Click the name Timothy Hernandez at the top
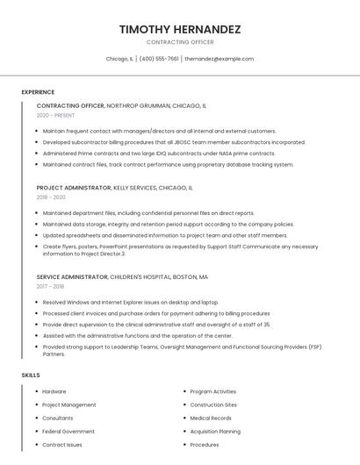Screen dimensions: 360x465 coord(180,29)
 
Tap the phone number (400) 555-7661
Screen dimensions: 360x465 coord(159,59)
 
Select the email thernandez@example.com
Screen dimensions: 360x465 coord(219,59)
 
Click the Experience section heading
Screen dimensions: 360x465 coord(38,92)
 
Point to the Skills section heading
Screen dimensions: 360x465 coord(31,375)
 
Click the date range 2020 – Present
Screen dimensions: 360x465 coord(56,115)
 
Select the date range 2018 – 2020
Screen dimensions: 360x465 coord(51,197)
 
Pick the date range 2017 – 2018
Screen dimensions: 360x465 coord(50,286)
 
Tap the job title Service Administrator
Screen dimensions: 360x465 coord(73,276)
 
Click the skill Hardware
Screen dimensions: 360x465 coord(54,391)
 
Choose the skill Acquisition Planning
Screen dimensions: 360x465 coord(215,431)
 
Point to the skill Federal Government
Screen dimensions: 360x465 coord(68,431)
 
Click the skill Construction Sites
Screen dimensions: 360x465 coord(213,404)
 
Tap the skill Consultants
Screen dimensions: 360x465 coord(58,418)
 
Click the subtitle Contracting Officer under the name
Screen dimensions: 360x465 coord(180,42)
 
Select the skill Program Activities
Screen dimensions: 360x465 coord(212,391)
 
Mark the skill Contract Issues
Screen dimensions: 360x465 coord(62,445)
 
